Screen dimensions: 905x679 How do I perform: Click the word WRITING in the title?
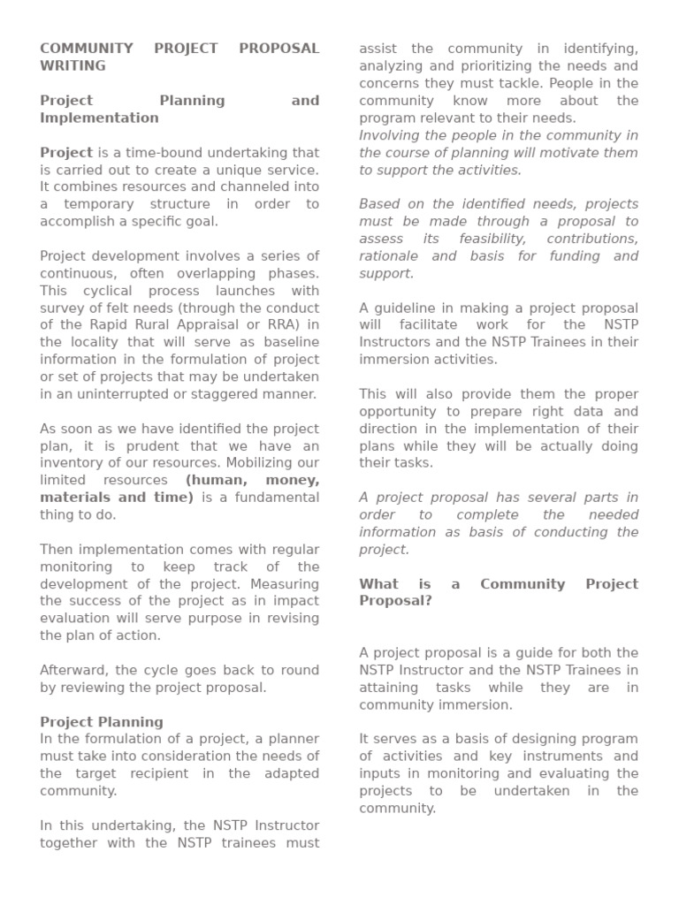coord(72,65)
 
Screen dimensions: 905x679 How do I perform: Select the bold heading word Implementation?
coord(99,118)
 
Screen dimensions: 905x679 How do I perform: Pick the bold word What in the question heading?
coord(378,584)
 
